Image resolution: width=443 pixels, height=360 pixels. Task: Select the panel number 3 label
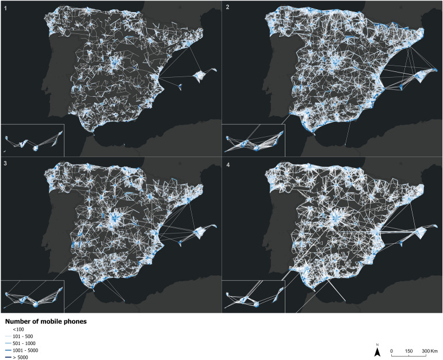5,163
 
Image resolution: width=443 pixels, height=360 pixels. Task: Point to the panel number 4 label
227,163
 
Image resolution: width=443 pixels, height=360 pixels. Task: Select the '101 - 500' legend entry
22,336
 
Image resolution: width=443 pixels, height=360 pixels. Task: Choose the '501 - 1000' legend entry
23,343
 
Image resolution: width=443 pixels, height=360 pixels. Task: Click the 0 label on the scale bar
391,350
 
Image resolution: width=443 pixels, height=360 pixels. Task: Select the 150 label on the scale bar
408,350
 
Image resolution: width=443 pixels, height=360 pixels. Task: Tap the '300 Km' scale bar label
430,350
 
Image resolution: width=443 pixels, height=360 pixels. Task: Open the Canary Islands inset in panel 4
253,296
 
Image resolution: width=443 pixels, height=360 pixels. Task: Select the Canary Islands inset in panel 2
253,140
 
